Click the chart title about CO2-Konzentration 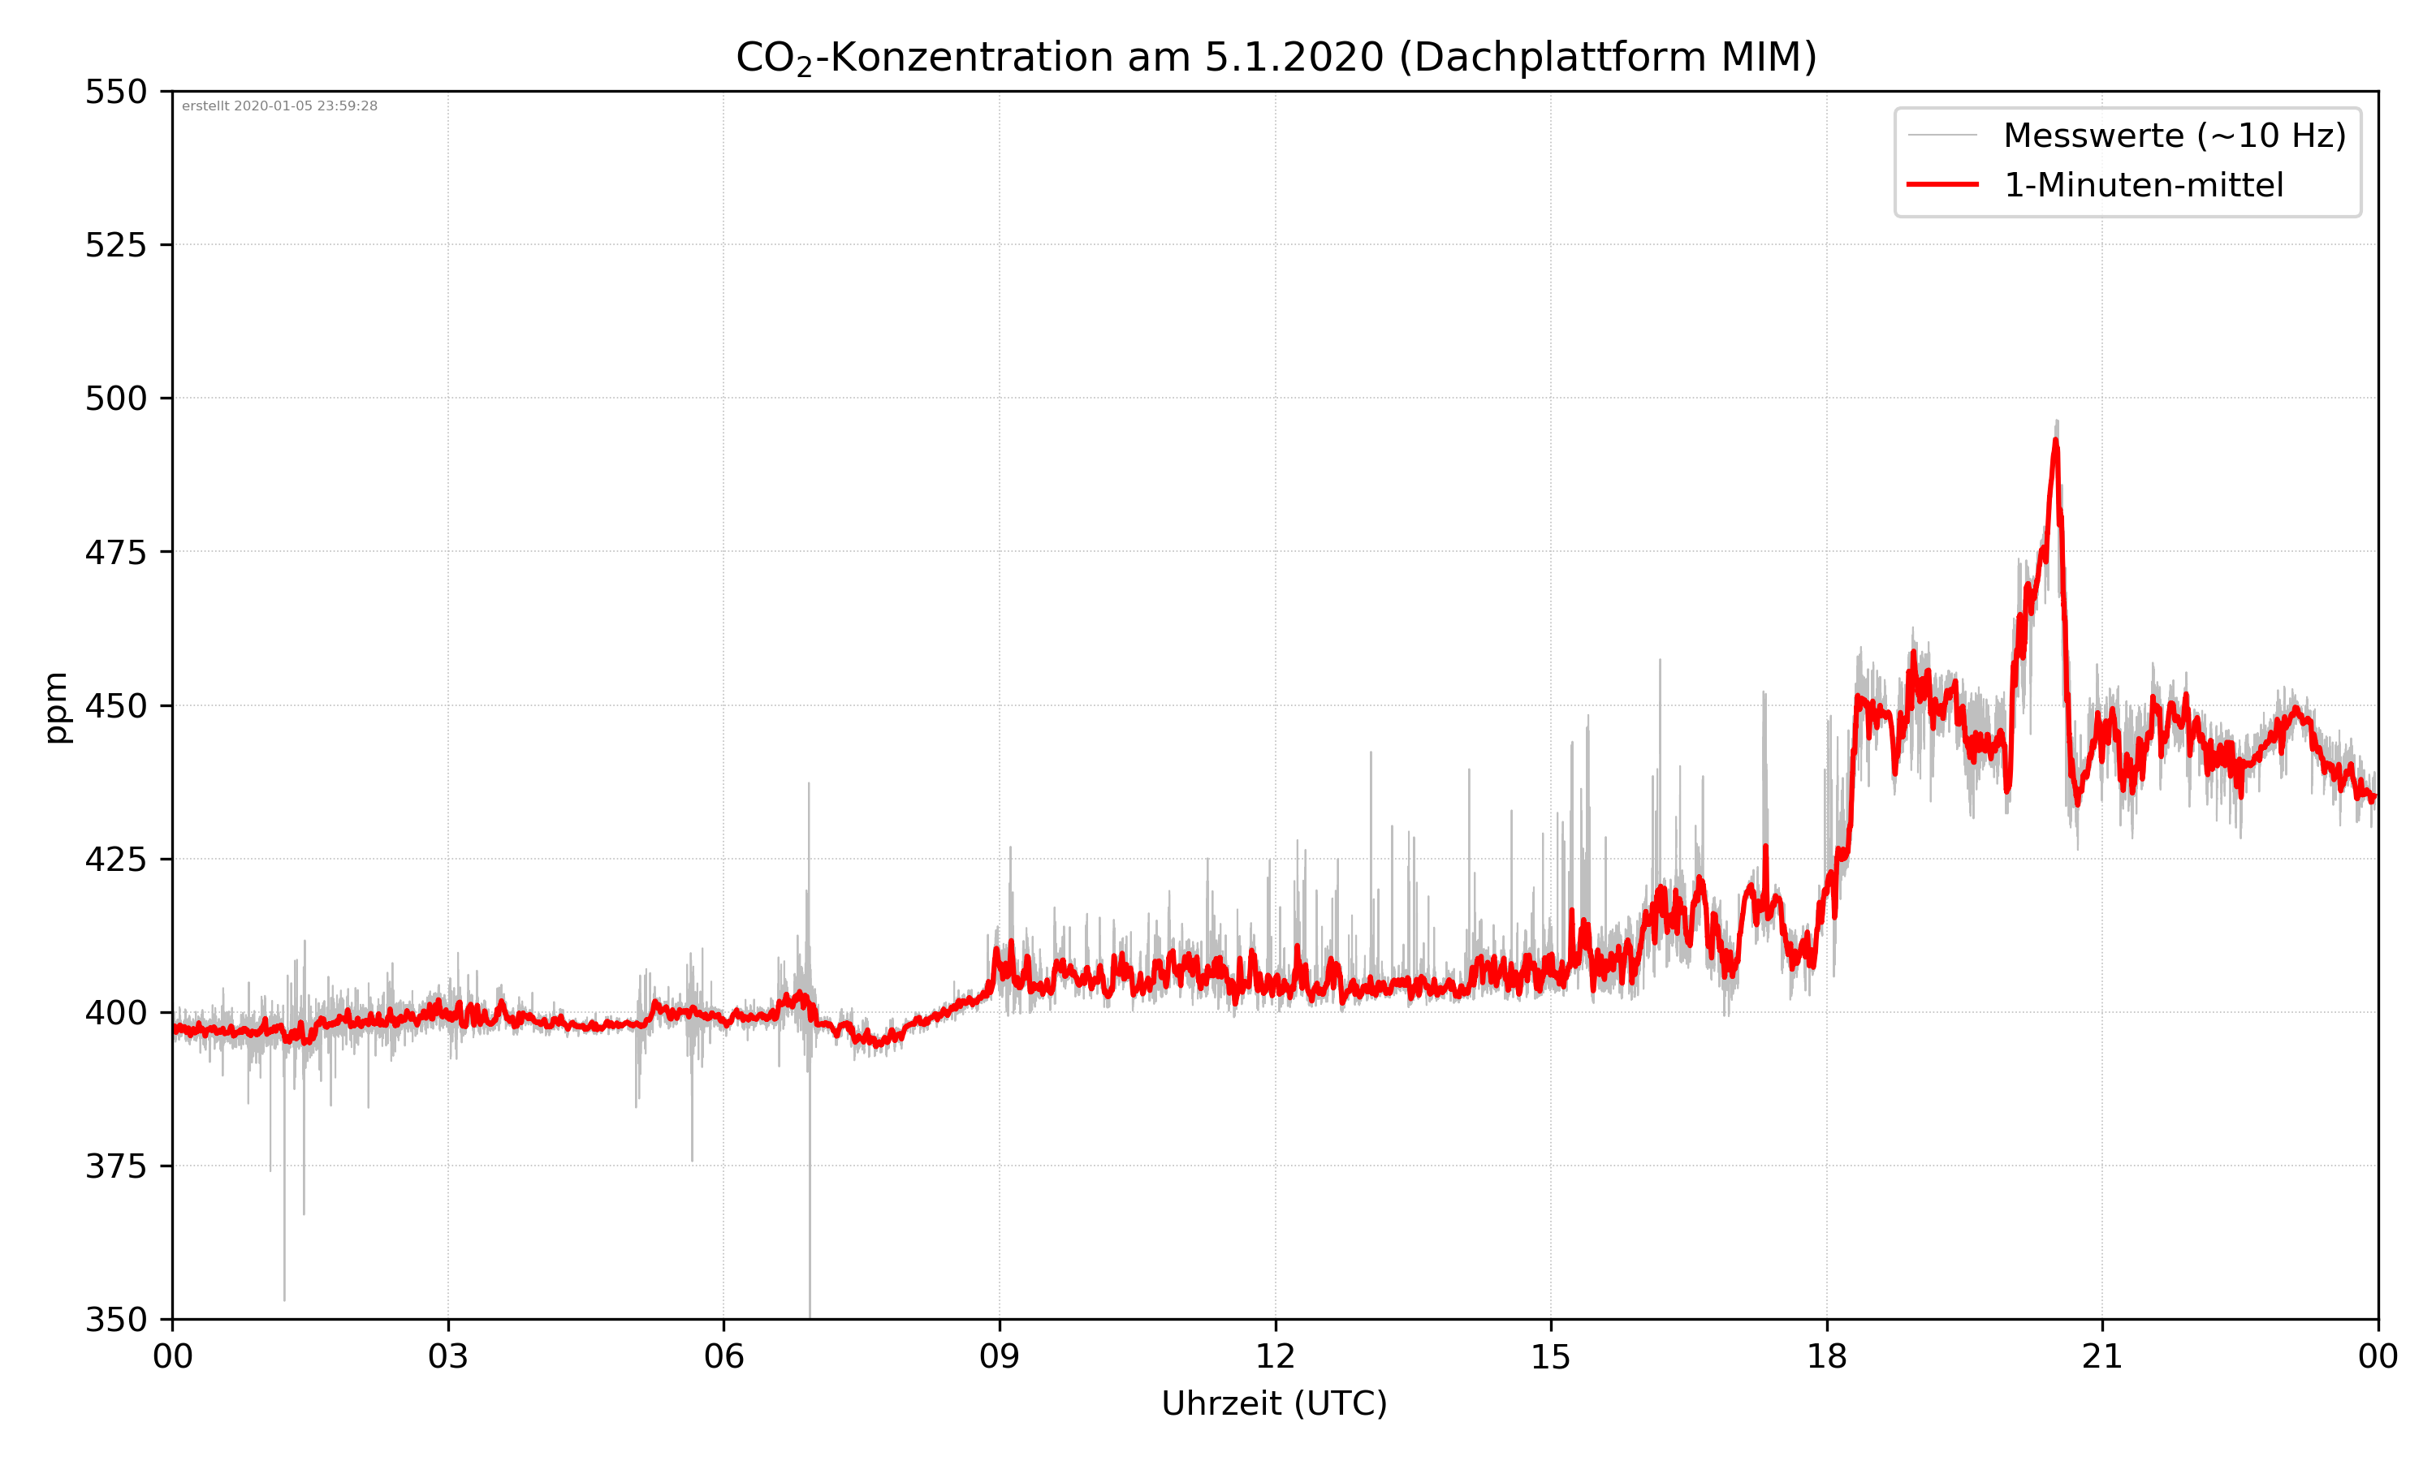(1275, 57)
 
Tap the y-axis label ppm (56, 707)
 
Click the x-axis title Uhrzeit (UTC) (1274, 1403)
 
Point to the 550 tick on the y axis (115, 92)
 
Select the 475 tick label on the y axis (115, 552)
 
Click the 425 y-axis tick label (115, 860)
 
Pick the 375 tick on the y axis (115, 1166)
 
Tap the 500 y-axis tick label (115, 399)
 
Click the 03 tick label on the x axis (448, 1356)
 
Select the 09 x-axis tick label (1000, 1356)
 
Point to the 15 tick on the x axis (1551, 1356)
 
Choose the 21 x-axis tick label (2102, 1356)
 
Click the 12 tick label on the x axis (1275, 1356)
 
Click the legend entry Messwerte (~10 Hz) (2174, 136)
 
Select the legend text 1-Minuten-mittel (2143, 185)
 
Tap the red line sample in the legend (1941, 185)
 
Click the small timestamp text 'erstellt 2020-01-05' (279, 106)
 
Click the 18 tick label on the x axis (1826, 1356)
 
